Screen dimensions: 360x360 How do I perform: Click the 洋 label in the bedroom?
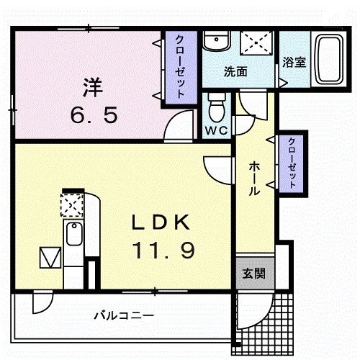click(x=93, y=88)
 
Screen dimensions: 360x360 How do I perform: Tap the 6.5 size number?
click(x=94, y=114)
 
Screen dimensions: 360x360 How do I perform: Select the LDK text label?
click(x=161, y=222)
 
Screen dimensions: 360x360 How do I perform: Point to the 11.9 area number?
click(x=163, y=250)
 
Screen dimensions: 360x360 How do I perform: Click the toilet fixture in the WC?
click(x=217, y=107)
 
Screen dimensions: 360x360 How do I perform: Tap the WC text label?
click(x=216, y=130)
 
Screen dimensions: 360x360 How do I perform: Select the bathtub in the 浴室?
click(x=329, y=59)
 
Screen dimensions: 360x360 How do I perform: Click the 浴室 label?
click(x=294, y=63)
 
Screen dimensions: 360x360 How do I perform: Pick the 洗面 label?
click(x=235, y=71)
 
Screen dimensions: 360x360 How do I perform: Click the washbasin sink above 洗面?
click(x=217, y=41)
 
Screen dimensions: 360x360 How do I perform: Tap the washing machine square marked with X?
click(x=257, y=43)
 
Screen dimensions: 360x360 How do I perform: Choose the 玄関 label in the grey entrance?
click(x=253, y=274)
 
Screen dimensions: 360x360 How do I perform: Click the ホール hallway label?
click(x=254, y=179)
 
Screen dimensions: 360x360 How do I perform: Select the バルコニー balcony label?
click(x=124, y=315)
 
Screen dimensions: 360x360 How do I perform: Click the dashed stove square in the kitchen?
click(x=72, y=205)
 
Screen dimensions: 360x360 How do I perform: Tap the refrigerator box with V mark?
click(x=50, y=258)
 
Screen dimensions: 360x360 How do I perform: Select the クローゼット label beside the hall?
click(x=292, y=163)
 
